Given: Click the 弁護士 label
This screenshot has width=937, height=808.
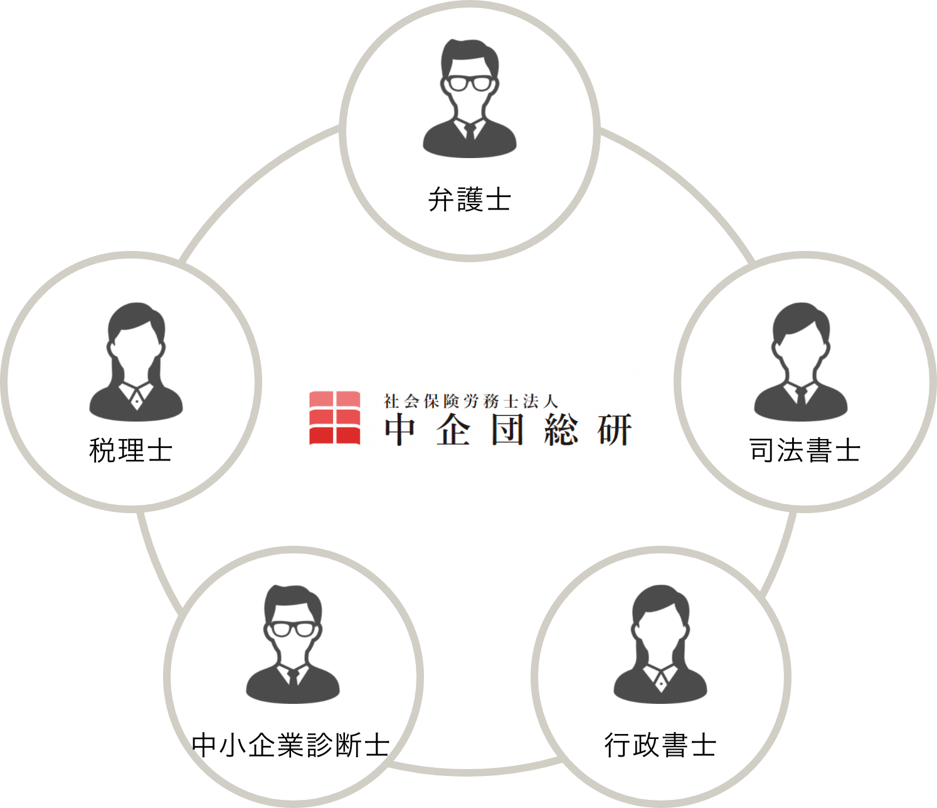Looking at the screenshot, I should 469,199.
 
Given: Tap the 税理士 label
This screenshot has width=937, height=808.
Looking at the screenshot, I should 131,450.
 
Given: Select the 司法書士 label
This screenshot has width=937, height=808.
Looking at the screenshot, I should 805,450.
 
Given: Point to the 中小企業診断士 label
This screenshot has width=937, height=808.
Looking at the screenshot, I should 291,745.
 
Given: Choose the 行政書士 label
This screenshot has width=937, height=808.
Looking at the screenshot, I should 660,745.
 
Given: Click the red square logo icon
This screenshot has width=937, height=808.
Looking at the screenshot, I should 334,418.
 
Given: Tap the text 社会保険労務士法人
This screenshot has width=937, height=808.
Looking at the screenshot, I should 471,401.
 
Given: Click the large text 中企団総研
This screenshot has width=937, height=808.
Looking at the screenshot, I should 508,431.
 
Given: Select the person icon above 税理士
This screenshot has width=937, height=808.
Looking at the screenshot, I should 136,362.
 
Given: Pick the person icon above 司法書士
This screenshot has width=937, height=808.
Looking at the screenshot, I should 800,362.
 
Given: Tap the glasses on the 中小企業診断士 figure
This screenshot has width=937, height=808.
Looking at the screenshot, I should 292,629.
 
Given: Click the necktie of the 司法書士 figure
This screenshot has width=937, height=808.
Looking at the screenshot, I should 801,396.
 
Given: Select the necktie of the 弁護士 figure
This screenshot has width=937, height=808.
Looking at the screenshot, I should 470,132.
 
